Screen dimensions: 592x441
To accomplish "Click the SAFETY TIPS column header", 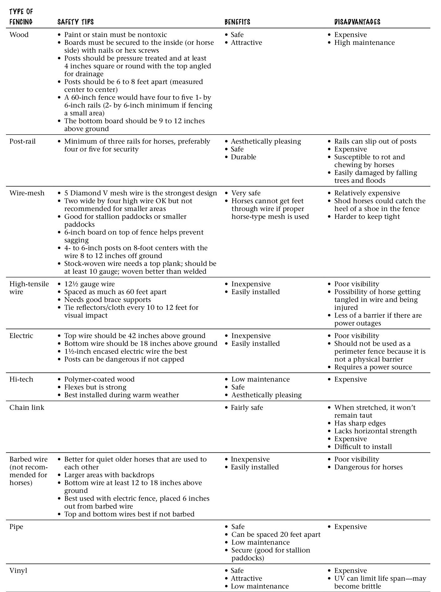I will pos(75,22).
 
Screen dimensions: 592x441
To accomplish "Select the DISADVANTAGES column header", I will pos(357,22).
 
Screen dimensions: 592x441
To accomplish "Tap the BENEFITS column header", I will pos(237,22).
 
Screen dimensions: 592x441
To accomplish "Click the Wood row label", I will pos(19,35).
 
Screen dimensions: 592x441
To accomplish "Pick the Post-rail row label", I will pos(23,141).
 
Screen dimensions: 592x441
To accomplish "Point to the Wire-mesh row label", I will pos(27,193).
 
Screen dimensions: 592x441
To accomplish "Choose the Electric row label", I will pos(21,336).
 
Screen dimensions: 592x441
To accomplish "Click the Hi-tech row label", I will pos(21,379).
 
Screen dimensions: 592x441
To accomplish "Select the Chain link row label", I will pos(27,408).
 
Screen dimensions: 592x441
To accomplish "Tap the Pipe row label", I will pos(16,527).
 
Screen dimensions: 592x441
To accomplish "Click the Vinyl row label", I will pos(18,571).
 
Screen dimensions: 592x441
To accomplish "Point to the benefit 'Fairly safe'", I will pos(247,408).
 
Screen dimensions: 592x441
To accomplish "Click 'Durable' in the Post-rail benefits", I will pos(243,157).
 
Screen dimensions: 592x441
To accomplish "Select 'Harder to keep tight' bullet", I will pos(367,217).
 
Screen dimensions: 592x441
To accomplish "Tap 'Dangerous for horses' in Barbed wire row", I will pos(368,467).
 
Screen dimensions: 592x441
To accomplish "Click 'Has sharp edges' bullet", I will pos(360,423).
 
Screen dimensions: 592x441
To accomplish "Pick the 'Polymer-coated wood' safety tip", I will pos(99,379).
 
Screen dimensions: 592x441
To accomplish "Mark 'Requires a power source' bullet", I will pos(373,367).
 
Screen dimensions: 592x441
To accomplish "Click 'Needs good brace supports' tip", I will pos(107,300).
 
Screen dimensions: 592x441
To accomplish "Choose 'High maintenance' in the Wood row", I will pos(364,43).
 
